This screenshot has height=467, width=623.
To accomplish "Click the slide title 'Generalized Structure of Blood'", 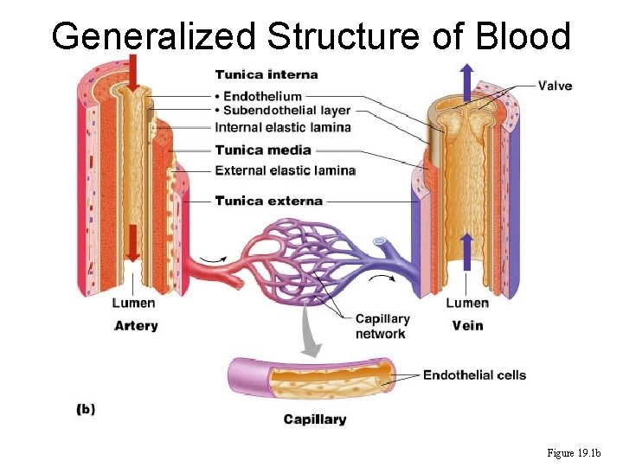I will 311,36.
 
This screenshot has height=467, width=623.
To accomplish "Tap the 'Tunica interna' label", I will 267,74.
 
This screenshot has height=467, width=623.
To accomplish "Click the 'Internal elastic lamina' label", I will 283,128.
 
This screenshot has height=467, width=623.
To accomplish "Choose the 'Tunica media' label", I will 263,150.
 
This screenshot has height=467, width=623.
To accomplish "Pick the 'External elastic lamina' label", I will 285,170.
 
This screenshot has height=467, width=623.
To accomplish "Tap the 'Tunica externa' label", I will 269,201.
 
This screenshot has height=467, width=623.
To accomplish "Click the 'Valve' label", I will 555,86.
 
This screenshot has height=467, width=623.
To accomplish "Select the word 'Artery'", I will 136,325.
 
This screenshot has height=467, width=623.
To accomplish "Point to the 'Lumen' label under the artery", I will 134,303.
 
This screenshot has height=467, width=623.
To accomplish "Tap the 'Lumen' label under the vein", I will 467,303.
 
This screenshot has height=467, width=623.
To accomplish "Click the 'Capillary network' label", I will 382,326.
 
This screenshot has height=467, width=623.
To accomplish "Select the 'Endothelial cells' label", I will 474,374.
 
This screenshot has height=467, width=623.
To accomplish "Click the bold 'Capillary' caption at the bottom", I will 315,419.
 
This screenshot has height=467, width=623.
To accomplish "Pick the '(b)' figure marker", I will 86,409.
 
